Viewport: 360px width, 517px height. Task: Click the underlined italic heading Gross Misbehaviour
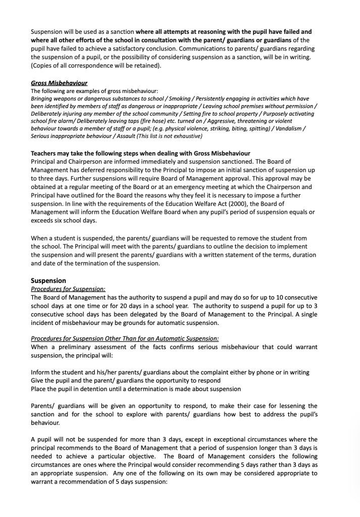[x=59, y=83]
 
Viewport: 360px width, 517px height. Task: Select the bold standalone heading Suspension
[x=48, y=280]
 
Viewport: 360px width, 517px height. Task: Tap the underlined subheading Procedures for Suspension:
[x=68, y=289]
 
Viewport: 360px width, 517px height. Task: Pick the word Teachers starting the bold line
[x=45, y=154]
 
